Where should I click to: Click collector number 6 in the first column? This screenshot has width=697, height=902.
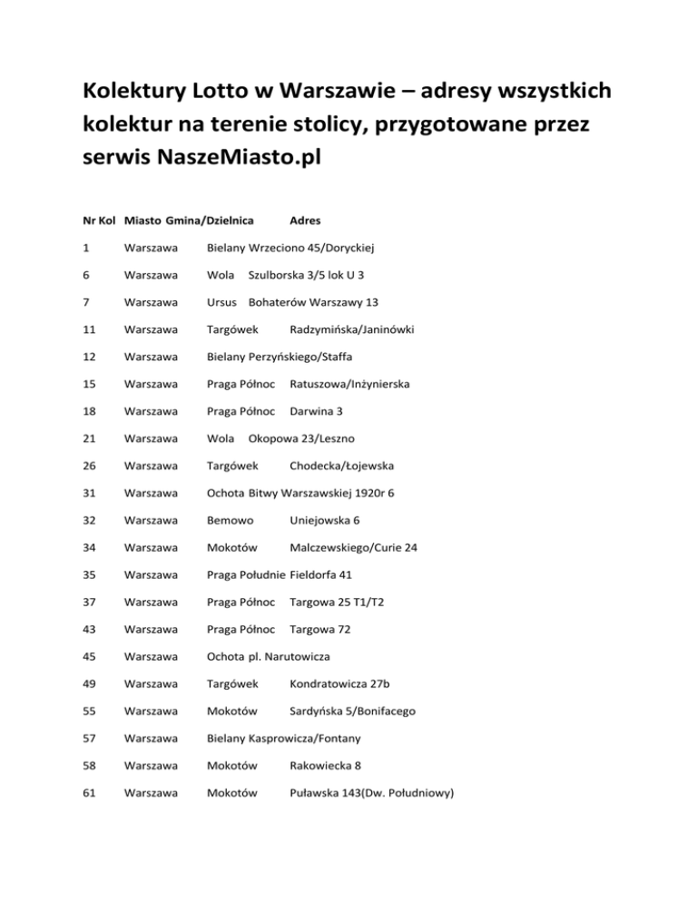84,274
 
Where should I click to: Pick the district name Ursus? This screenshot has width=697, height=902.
223,301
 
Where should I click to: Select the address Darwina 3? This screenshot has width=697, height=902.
317,411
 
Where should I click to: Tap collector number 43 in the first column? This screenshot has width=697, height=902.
87,630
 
